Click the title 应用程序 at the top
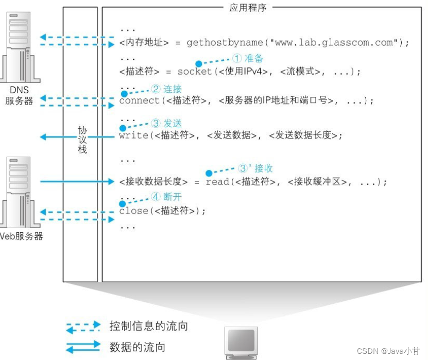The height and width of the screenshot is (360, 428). [x=248, y=8]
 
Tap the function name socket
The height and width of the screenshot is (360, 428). [x=195, y=72]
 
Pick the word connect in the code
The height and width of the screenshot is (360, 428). [x=140, y=101]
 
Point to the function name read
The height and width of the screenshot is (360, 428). [x=216, y=182]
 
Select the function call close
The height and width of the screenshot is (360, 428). [x=133, y=211]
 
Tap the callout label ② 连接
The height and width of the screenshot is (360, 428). [x=166, y=89]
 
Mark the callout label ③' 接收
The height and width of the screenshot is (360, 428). [x=255, y=168]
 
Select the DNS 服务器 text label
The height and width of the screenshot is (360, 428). [x=19, y=95]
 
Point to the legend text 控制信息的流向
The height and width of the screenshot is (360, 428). [x=148, y=327]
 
